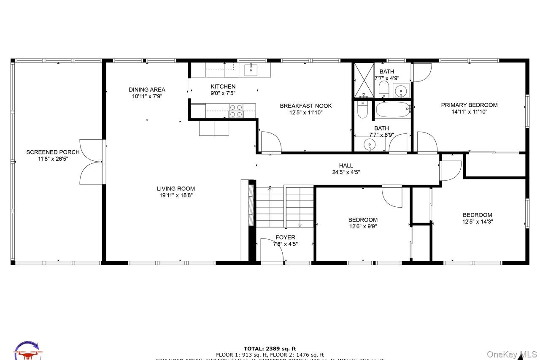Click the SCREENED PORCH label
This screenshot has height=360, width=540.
click(53, 152)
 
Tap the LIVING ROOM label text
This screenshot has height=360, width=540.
click(176, 189)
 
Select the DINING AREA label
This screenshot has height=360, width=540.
click(147, 89)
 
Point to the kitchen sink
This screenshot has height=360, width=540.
click(251, 69)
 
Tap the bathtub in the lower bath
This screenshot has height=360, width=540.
click(393, 110)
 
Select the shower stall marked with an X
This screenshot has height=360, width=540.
click(364, 80)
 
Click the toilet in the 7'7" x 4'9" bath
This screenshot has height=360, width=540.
click(383, 89)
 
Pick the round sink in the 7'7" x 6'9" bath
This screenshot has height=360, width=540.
click(370, 145)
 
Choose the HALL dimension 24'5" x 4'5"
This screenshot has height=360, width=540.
click(346, 172)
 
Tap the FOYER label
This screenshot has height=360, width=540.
click(285, 238)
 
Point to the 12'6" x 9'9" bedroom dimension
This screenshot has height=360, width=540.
click(363, 226)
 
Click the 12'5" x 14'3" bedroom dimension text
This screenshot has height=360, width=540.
click(478, 222)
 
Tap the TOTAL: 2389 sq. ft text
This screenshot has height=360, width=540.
click(270, 349)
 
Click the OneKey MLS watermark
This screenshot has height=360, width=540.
click(512, 355)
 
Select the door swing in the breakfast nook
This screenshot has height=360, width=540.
click(270, 142)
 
